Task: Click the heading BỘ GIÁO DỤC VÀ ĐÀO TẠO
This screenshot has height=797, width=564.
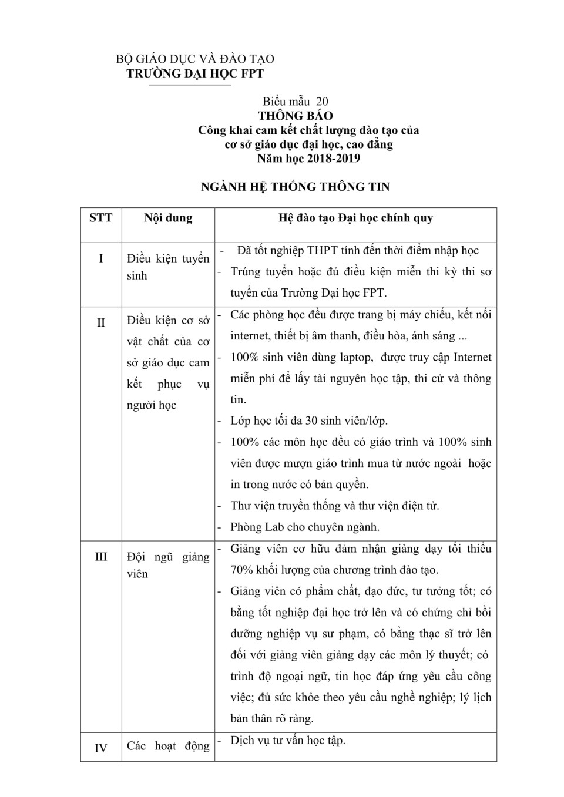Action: [x=195, y=59]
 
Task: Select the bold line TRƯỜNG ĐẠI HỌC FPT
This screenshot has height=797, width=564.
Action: [x=195, y=73]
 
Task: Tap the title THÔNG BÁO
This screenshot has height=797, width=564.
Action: [x=296, y=116]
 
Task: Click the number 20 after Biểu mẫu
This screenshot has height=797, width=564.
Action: [x=322, y=101]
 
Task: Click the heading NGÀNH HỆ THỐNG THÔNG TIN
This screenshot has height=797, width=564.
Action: [x=296, y=187]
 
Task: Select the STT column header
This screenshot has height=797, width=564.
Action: [x=101, y=218]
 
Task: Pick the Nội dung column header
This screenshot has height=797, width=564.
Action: [x=168, y=218]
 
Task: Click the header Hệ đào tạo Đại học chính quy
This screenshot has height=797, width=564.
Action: [x=355, y=218]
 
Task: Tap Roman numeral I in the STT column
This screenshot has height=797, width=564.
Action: [x=101, y=258]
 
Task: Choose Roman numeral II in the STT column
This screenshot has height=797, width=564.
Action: [x=101, y=322]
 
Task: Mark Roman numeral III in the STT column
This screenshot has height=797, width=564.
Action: [x=101, y=556]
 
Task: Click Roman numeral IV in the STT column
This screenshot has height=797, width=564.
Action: [x=101, y=748]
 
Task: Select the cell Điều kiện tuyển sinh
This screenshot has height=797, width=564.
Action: [x=168, y=267]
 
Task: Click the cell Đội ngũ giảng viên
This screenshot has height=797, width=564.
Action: [x=168, y=565]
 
